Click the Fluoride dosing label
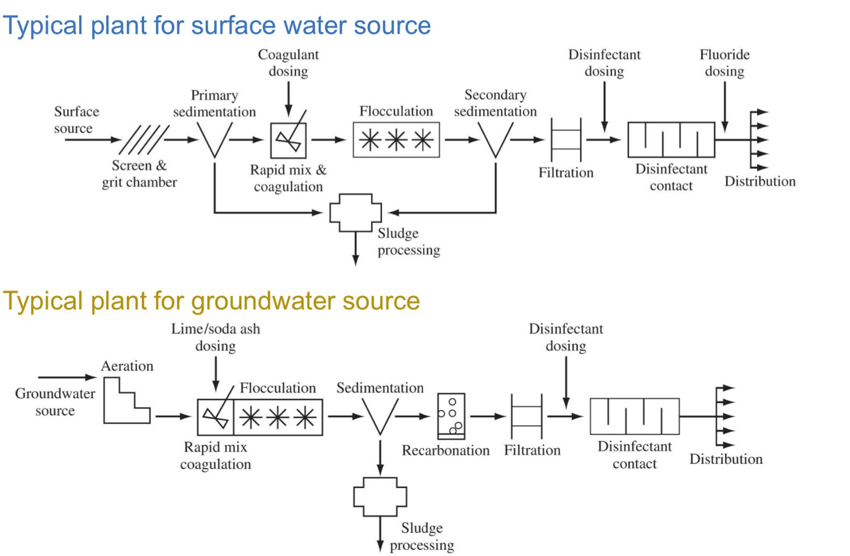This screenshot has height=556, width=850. [724, 63]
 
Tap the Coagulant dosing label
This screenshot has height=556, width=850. [288, 63]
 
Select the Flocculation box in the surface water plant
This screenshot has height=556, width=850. [396, 140]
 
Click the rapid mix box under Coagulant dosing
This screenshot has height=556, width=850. [288, 140]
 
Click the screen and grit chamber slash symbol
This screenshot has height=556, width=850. [143, 140]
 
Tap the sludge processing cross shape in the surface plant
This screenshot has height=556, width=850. [355, 212]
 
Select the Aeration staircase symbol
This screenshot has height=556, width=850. [126, 402]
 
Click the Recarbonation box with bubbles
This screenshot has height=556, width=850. [451, 416]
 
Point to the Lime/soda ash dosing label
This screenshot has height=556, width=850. [216, 337]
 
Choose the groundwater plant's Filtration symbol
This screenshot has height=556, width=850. [526, 416]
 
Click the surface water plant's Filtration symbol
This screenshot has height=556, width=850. [566, 140]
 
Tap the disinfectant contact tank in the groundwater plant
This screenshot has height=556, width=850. [634, 416]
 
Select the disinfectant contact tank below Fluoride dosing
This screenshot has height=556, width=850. [671, 140]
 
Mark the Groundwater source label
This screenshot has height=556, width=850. [55, 402]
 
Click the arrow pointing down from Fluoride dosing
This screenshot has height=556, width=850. [725, 107]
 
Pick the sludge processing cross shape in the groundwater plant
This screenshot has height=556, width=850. [380, 497]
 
